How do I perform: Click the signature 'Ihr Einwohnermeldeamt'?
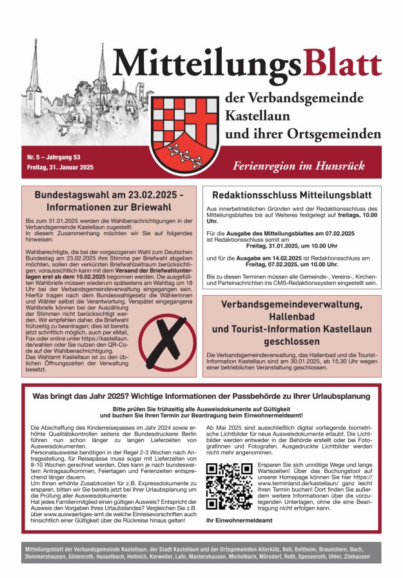tap(235, 520)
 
